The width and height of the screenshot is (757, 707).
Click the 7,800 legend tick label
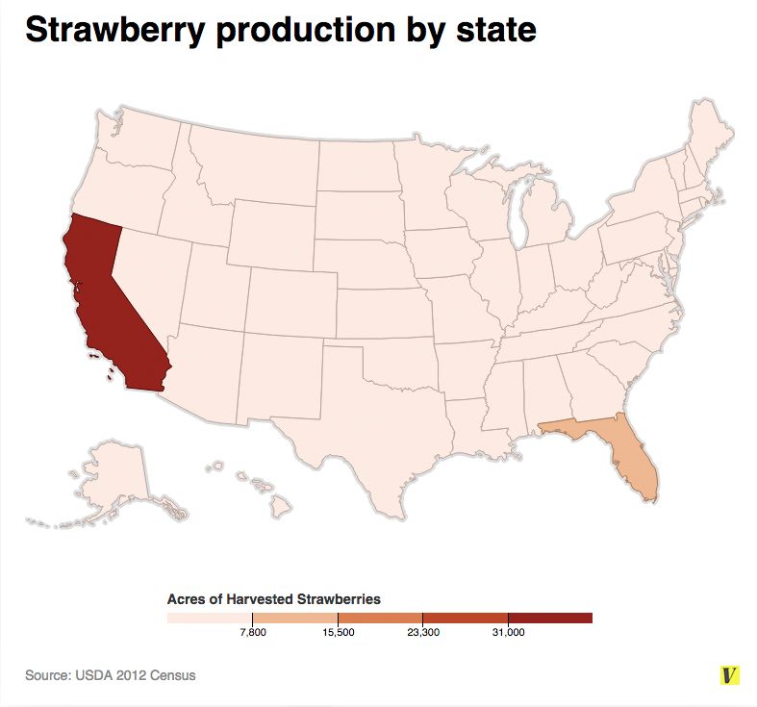pos(252,632)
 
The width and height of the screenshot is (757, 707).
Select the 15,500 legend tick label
pos(338,632)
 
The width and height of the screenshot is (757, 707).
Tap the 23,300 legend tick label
pos(422,632)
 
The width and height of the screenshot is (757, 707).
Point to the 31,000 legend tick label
pos(508,632)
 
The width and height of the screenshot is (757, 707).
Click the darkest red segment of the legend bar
pos(549,618)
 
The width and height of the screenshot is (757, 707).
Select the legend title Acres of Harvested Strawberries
pos(274,598)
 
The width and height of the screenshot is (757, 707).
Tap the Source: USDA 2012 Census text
pos(111,675)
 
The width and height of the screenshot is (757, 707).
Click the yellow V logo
pos(731,675)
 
